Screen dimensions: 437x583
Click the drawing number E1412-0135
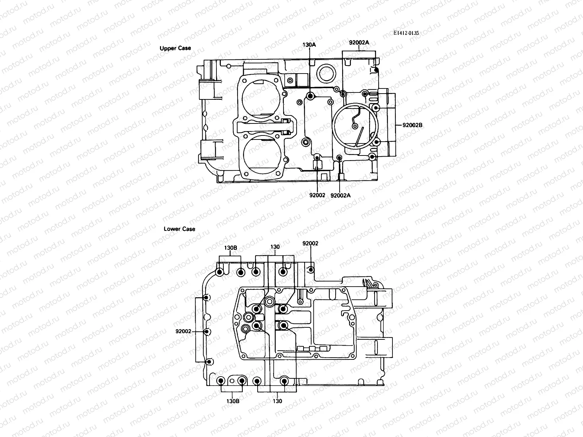406,33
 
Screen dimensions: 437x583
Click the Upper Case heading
175,48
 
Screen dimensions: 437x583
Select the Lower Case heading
179,229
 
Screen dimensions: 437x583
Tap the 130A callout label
309,44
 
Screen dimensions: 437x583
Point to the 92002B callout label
412,125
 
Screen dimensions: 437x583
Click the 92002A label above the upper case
359,42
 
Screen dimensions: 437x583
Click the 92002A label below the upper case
340,195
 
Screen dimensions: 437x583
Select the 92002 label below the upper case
317,195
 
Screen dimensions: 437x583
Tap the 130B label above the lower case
230,248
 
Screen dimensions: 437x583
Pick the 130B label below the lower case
232,401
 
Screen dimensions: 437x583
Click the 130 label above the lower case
275,247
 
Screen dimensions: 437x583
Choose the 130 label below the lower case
277,401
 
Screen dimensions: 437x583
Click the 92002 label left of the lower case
183,331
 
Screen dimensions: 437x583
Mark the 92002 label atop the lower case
310,243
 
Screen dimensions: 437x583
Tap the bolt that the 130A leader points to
310,96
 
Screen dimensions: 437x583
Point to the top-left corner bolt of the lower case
220,272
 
